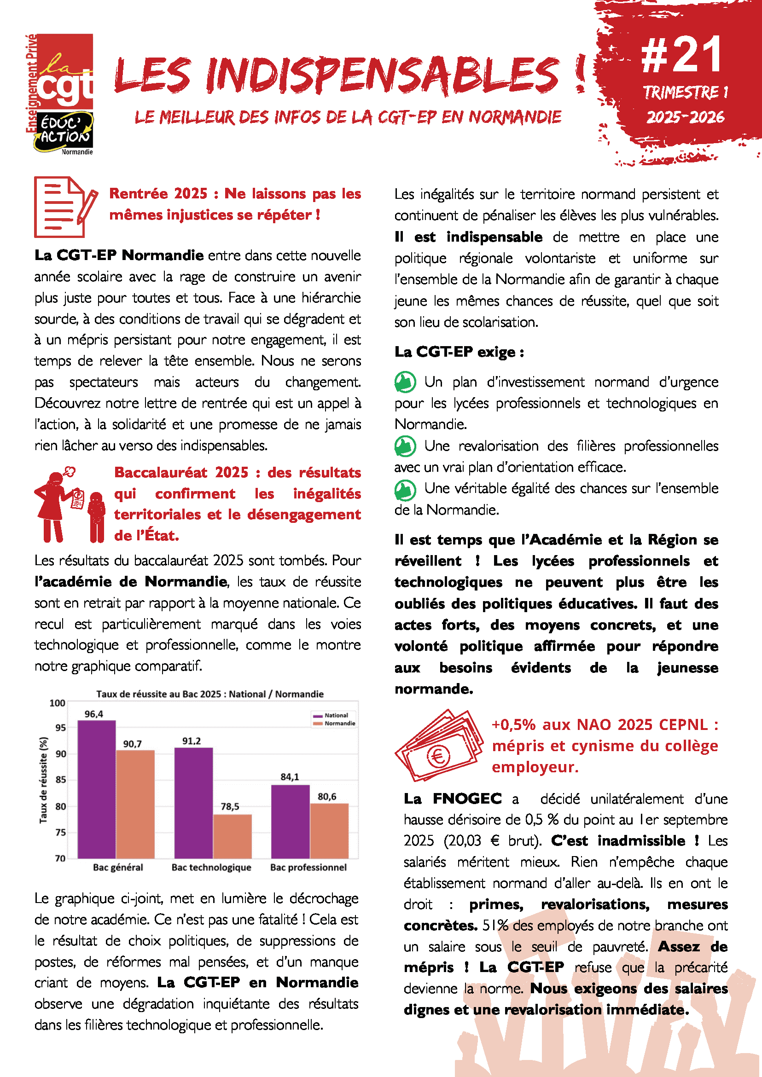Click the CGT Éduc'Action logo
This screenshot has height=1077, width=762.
(60, 94)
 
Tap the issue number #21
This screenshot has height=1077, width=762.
(681, 55)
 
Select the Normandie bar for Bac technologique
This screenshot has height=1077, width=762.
(232, 836)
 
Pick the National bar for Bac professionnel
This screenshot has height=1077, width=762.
(290, 822)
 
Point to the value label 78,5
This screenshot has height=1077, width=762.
(230, 806)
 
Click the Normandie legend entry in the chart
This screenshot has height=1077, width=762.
(339, 724)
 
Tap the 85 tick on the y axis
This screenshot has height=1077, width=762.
(60, 780)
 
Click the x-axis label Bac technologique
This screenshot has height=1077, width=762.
(211, 867)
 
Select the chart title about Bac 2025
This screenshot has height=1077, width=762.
(210, 694)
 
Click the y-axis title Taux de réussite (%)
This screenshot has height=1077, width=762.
(44, 780)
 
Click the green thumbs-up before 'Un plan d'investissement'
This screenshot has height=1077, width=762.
(405, 382)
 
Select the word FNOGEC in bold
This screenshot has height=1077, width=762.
(467, 799)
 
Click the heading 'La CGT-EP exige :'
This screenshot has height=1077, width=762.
(459, 352)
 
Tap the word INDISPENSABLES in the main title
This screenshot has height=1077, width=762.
(383, 75)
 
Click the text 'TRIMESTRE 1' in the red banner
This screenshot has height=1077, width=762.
(685, 93)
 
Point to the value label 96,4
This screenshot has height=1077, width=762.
(94, 714)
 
